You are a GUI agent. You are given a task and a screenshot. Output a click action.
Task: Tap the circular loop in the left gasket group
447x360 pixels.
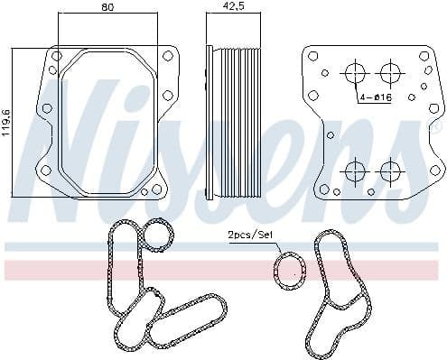pyautogui.click(x=160, y=237)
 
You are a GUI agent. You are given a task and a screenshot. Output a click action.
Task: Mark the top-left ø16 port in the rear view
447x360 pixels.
pyautogui.click(x=355, y=72)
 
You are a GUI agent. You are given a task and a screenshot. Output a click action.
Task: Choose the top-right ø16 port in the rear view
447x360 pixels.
pyautogui.click(x=389, y=72)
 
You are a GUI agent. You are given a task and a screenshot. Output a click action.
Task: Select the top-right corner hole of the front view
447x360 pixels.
pyautogui.click(x=167, y=57)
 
